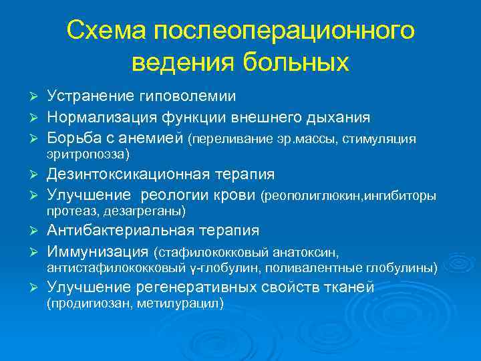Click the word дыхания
[x=333, y=118]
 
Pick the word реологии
[x=174, y=195]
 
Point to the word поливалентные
[x=325, y=268]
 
